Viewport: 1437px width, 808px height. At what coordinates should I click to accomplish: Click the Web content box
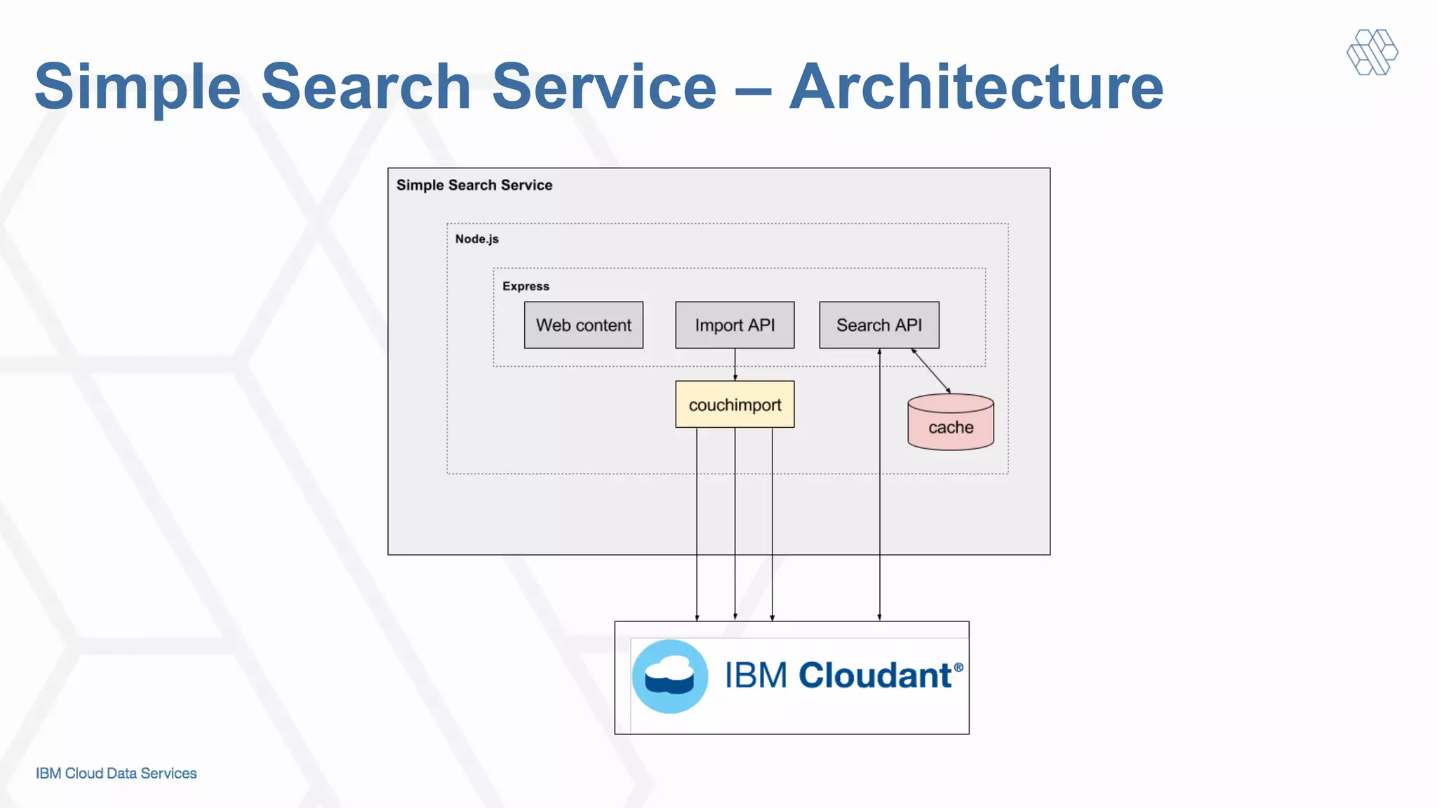coord(583,325)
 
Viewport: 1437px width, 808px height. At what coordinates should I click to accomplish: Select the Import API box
coord(735,325)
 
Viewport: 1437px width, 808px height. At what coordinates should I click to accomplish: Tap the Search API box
coord(878,325)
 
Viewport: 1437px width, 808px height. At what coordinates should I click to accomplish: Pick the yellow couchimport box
coord(735,405)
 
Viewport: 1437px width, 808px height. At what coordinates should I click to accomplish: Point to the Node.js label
coord(477,239)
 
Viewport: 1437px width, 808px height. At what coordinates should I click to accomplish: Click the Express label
coord(526,286)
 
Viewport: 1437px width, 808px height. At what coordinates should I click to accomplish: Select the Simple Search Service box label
coord(474,185)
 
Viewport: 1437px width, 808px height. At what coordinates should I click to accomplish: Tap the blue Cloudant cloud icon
coord(669,676)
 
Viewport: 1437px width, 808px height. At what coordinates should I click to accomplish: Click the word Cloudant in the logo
coord(874,675)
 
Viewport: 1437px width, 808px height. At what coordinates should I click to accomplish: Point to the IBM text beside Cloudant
coord(756,675)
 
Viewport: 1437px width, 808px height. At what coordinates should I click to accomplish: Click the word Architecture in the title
coord(976,87)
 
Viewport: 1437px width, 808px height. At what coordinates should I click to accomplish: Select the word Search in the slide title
coord(366,87)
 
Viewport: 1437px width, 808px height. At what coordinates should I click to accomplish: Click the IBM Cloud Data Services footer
coord(116,773)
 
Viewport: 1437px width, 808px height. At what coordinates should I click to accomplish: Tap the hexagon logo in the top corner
coord(1372,52)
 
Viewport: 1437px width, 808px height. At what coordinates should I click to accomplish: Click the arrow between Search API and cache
coord(931,371)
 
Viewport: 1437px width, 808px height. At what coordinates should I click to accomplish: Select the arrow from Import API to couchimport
coord(735,364)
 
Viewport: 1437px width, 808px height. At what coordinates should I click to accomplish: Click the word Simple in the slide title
coord(138,87)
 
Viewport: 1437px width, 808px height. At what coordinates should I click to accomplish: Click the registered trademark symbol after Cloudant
coord(958,668)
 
